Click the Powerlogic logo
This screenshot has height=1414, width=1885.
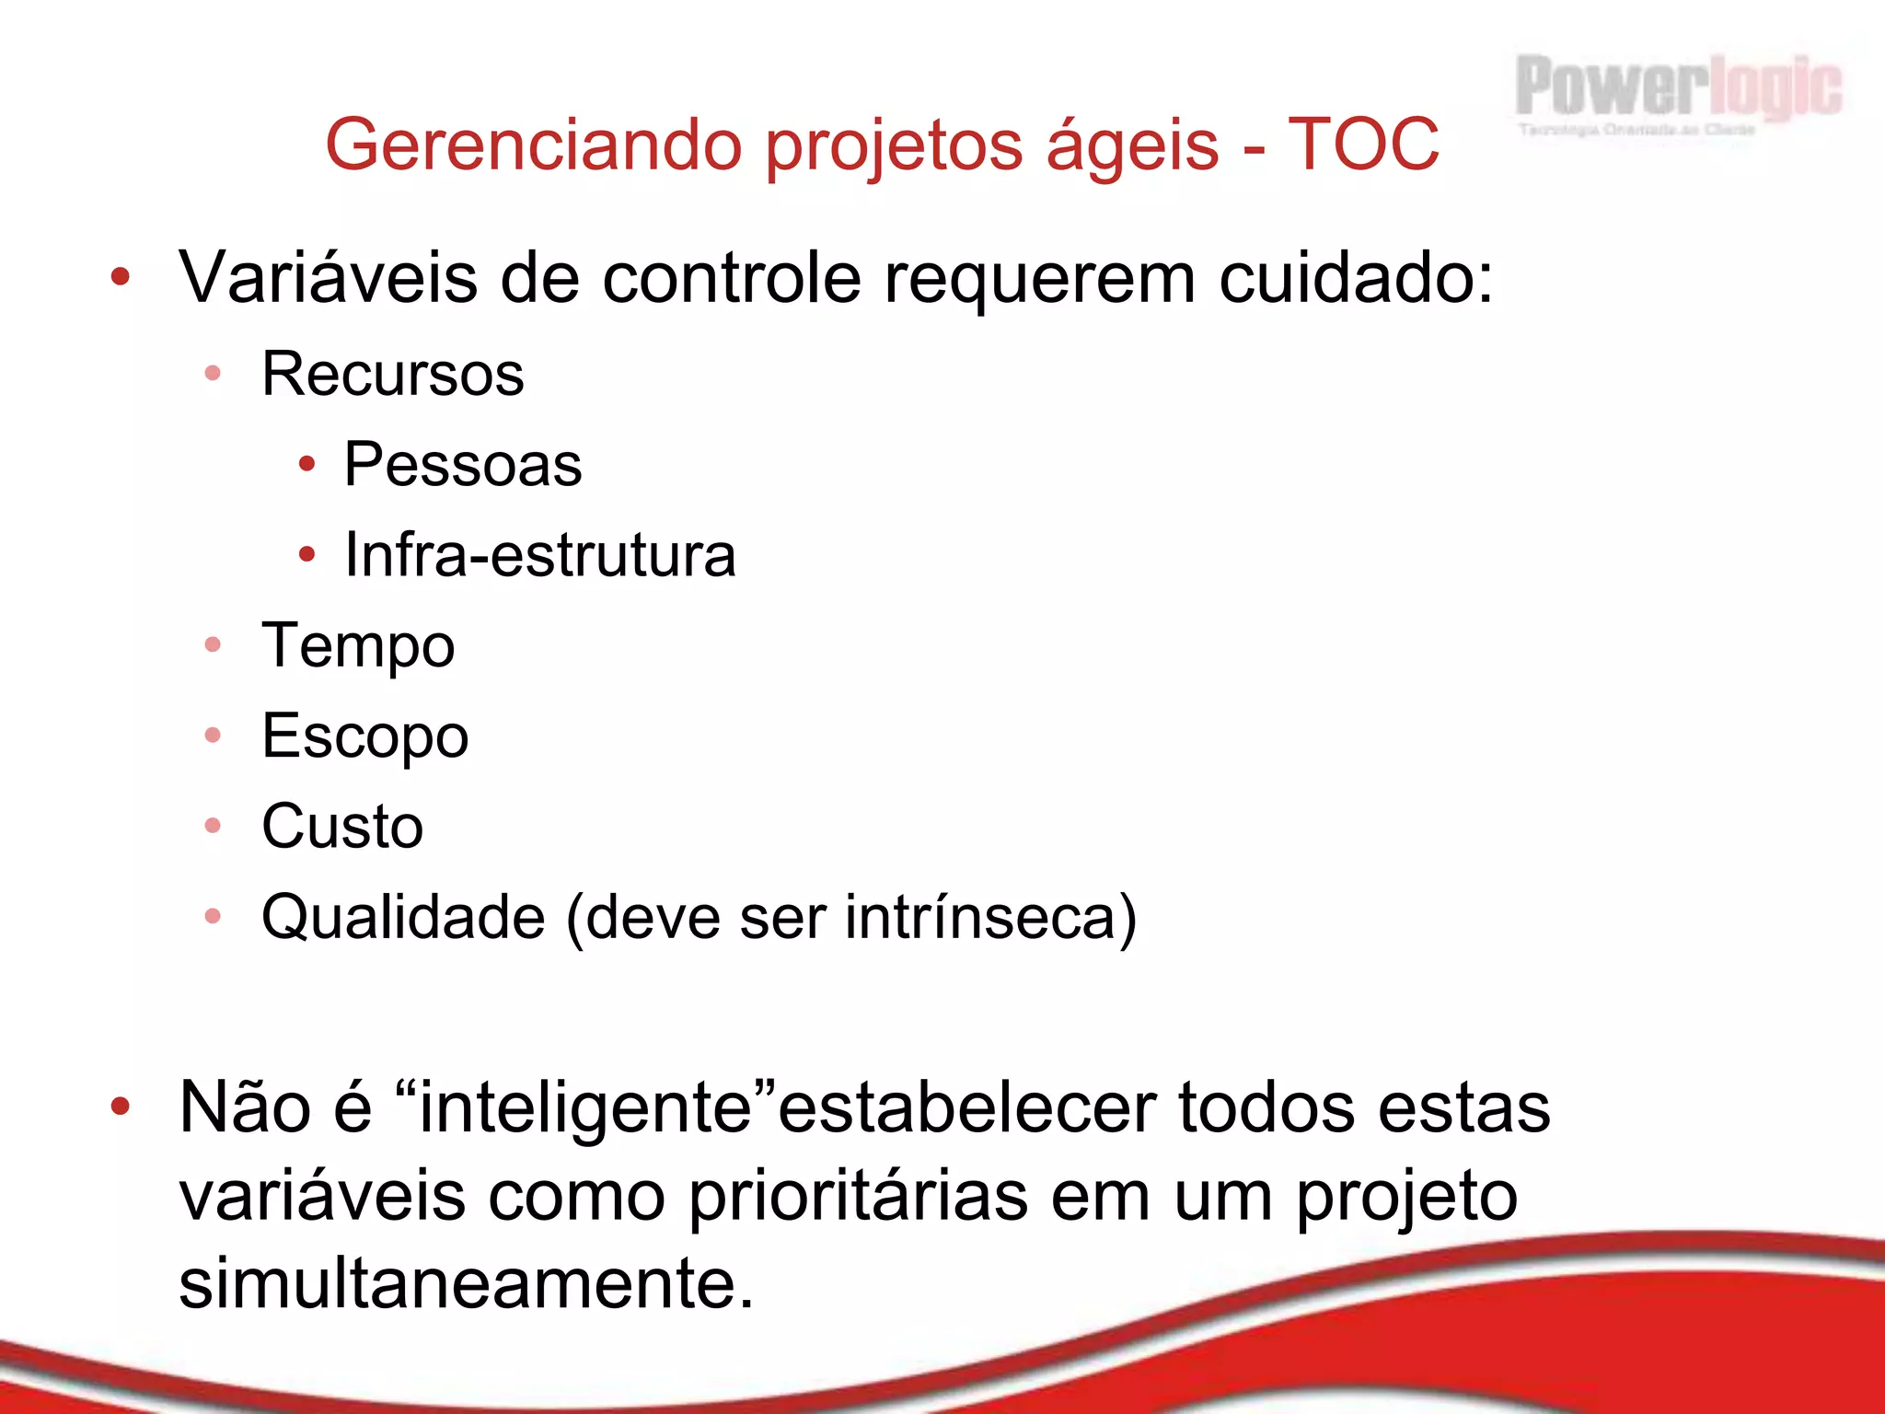click(1678, 93)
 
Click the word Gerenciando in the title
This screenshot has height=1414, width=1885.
click(533, 145)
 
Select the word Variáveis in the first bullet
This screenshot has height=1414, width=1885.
click(328, 277)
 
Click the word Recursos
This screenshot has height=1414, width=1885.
click(393, 375)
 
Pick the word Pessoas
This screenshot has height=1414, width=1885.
click(463, 464)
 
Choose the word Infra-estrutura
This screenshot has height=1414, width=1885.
click(540, 555)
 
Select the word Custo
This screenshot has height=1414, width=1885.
click(342, 826)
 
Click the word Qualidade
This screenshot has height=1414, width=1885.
click(403, 917)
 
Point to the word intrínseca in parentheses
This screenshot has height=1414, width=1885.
click(980, 917)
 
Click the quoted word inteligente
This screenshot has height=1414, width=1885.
click(586, 1107)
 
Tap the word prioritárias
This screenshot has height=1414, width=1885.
click(858, 1197)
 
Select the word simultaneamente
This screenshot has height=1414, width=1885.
click(466, 1283)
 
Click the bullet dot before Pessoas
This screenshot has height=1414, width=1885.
click(307, 464)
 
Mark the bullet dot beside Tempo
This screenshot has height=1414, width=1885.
click(213, 645)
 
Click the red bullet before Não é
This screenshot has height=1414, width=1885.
click(120, 1107)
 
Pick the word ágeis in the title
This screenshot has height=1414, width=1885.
click(1132, 145)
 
